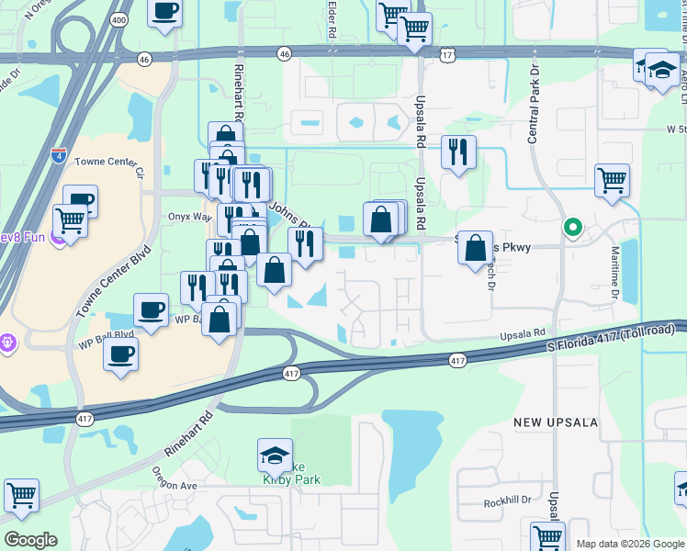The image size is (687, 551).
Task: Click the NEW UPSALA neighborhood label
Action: point(556,422)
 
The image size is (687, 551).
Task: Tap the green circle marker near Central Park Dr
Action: point(573,227)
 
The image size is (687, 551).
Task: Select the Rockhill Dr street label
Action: point(508,502)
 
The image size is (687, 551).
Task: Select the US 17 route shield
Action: point(447,56)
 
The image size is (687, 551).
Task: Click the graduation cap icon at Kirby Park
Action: point(275,455)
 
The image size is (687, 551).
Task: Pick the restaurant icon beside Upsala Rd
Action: point(458,152)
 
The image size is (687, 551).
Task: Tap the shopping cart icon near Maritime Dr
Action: point(612,180)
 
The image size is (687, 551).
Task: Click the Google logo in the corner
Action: point(30,540)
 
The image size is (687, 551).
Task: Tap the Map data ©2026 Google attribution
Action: point(630,544)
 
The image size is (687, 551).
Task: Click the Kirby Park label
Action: point(292,478)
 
